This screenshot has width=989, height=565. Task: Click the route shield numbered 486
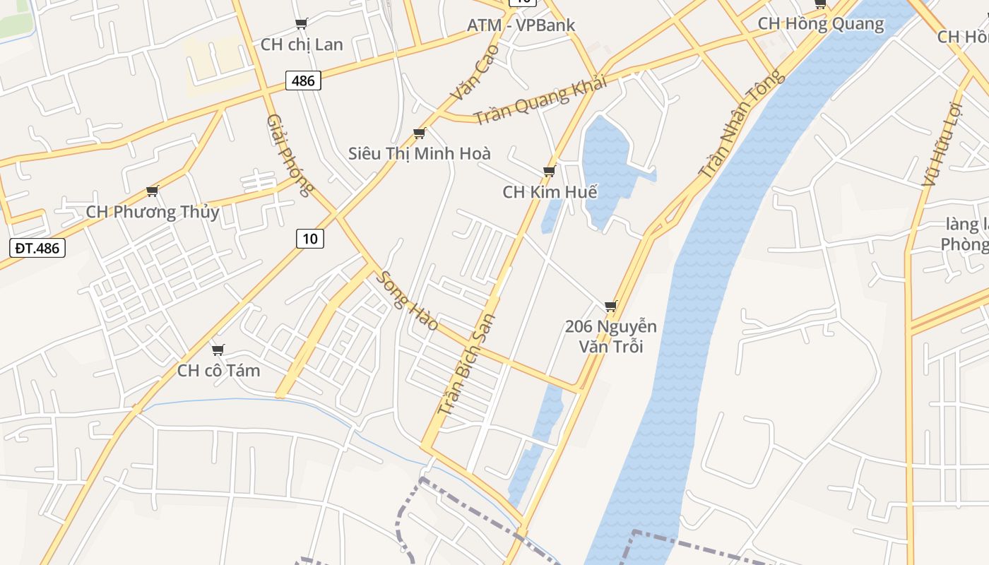[x=303, y=81]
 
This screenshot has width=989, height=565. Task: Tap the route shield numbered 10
[x=310, y=239]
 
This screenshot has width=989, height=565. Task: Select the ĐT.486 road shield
[x=38, y=248]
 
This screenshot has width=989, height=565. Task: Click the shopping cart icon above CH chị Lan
[x=302, y=23]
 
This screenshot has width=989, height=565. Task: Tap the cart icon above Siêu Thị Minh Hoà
[x=420, y=133]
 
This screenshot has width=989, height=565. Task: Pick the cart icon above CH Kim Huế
[x=549, y=171]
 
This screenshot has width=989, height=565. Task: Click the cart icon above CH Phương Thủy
[x=152, y=191]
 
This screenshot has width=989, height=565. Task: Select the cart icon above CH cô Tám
[x=218, y=350]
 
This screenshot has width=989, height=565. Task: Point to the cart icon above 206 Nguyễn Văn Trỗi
[x=611, y=306]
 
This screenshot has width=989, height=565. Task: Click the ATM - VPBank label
[x=521, y=25]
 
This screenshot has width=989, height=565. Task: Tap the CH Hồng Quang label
[x=821, y=24]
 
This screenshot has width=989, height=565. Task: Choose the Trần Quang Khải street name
[x=540, y=101]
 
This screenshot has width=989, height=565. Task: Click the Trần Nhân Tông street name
[x=741, y=124]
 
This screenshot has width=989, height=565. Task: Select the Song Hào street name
[x=406, y=301]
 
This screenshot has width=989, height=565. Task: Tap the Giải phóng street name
[x=290, y=155]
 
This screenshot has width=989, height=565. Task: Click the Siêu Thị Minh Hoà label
[x=420, y=153]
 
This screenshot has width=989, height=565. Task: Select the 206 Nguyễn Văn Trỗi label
[x=611, y=336]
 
